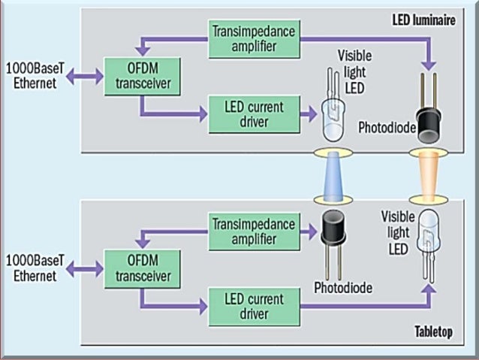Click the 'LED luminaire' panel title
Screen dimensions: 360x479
423,21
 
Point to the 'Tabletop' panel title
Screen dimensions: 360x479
434,332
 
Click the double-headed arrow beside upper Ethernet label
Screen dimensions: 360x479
84,76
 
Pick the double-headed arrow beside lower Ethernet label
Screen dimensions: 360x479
84,268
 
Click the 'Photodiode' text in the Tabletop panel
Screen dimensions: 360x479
343,287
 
